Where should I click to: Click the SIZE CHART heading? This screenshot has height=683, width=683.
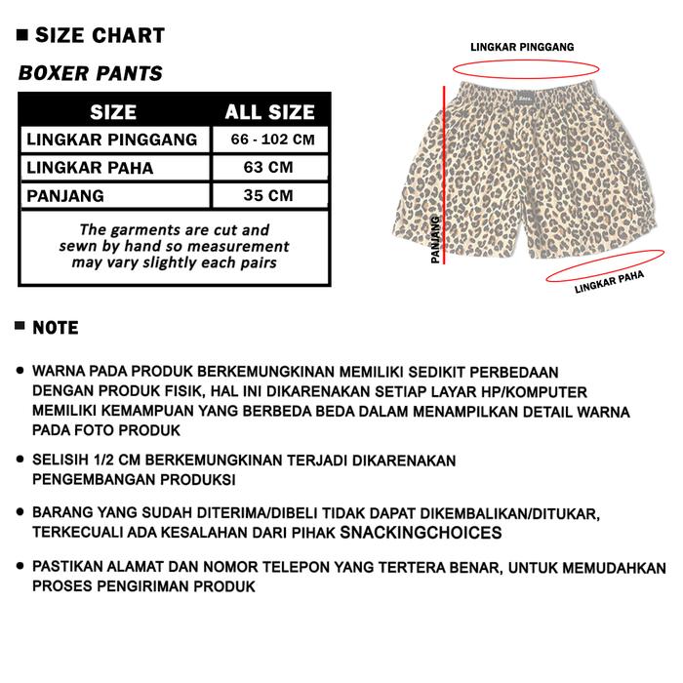click(x=100, y=37)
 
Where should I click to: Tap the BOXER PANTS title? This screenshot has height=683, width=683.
click(x=91, y=73)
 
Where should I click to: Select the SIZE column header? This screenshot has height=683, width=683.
click(x=113, y=112)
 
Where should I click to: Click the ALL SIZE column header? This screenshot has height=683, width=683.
click(x=269, y=112)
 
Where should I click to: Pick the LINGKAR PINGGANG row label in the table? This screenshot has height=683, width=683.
click(x=112, y=140)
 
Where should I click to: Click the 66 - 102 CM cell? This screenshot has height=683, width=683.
click(x=272, y=140)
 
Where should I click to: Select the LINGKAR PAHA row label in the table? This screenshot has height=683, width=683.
click(x=90, y=168)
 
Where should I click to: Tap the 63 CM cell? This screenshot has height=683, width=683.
click(x=268, y=168)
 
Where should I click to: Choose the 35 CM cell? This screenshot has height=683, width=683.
click(x=268, y=195)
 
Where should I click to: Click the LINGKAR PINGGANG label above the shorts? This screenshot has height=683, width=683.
click(x=521, y=46)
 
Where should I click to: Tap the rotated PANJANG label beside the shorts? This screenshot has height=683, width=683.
click(x=434, y=240)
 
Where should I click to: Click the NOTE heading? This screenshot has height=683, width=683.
click(x=56, y=328)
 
